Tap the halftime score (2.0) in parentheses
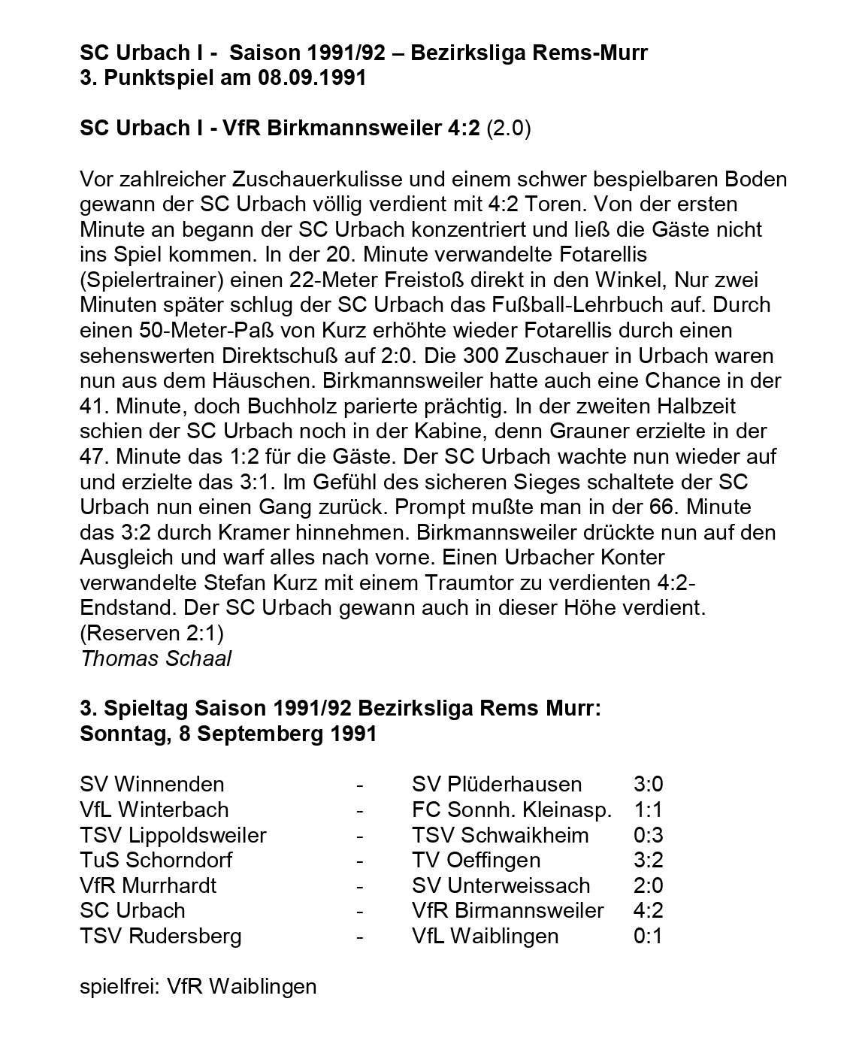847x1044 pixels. (509, 129)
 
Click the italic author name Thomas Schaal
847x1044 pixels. (156, 658)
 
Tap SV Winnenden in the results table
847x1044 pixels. (152, 784)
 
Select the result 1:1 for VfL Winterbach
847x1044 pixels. (648, 809)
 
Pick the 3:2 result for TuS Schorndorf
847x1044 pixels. (648, 860)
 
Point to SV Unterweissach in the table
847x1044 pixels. (501, 885)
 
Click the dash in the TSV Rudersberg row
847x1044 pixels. (360, 936)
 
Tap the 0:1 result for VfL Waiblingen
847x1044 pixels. (648, 936)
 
